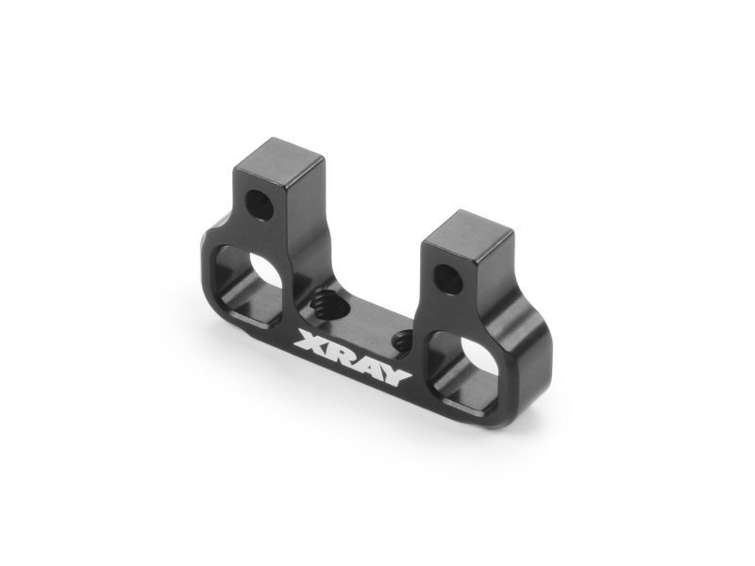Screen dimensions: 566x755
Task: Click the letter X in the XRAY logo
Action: pyautogui.click(x=312, y=343)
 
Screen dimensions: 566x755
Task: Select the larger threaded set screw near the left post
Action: pyautogui.click(x=322, y=303)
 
